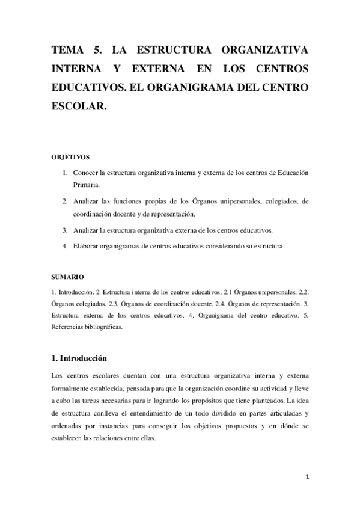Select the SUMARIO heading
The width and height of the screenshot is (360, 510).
click(x=68, y=277)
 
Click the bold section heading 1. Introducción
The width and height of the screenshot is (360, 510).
click(x=79, y=358)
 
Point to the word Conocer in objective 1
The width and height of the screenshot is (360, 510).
click(x=85, y=173)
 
